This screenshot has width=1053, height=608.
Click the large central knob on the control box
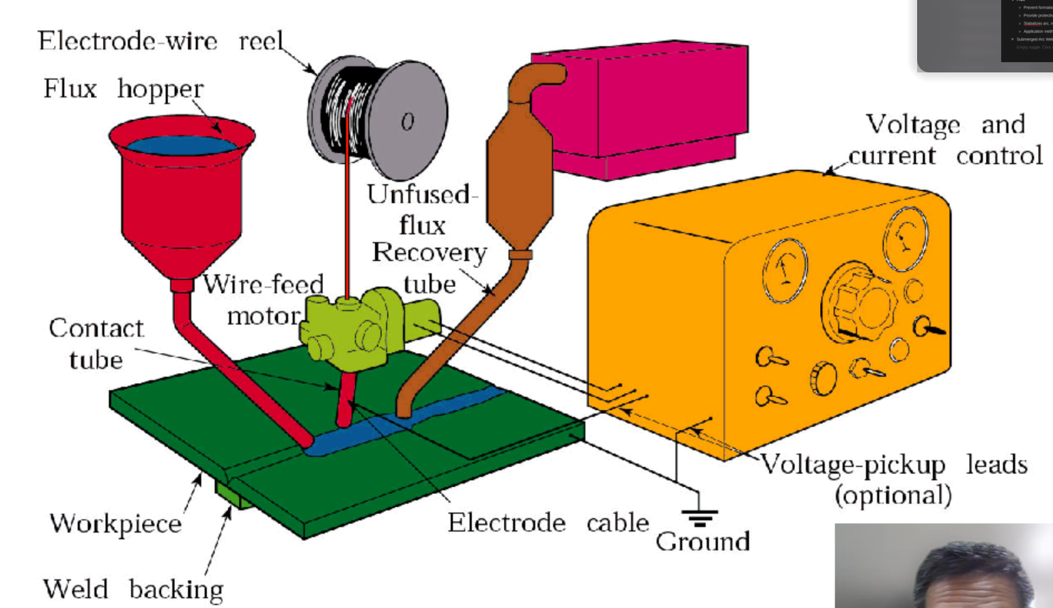tap(860, 304)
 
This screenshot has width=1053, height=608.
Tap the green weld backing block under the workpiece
tap(232, 495)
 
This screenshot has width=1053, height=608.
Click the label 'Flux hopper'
tap(123, 89)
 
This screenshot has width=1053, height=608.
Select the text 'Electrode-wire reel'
tap(160, 41)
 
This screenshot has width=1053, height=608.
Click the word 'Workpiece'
tap(115, 524)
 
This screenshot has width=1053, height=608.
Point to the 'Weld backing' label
tap(133, 589)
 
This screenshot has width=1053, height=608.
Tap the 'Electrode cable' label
tap(548, 523)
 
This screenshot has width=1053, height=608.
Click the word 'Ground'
tap(703, 541)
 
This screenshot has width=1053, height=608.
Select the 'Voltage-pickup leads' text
tap(894, 465)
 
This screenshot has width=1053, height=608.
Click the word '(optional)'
tap(893, 495)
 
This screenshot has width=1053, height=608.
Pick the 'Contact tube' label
tap(96, 344)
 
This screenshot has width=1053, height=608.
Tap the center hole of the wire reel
tap(408, 122)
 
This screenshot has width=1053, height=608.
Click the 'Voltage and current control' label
tap(946, 140)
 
